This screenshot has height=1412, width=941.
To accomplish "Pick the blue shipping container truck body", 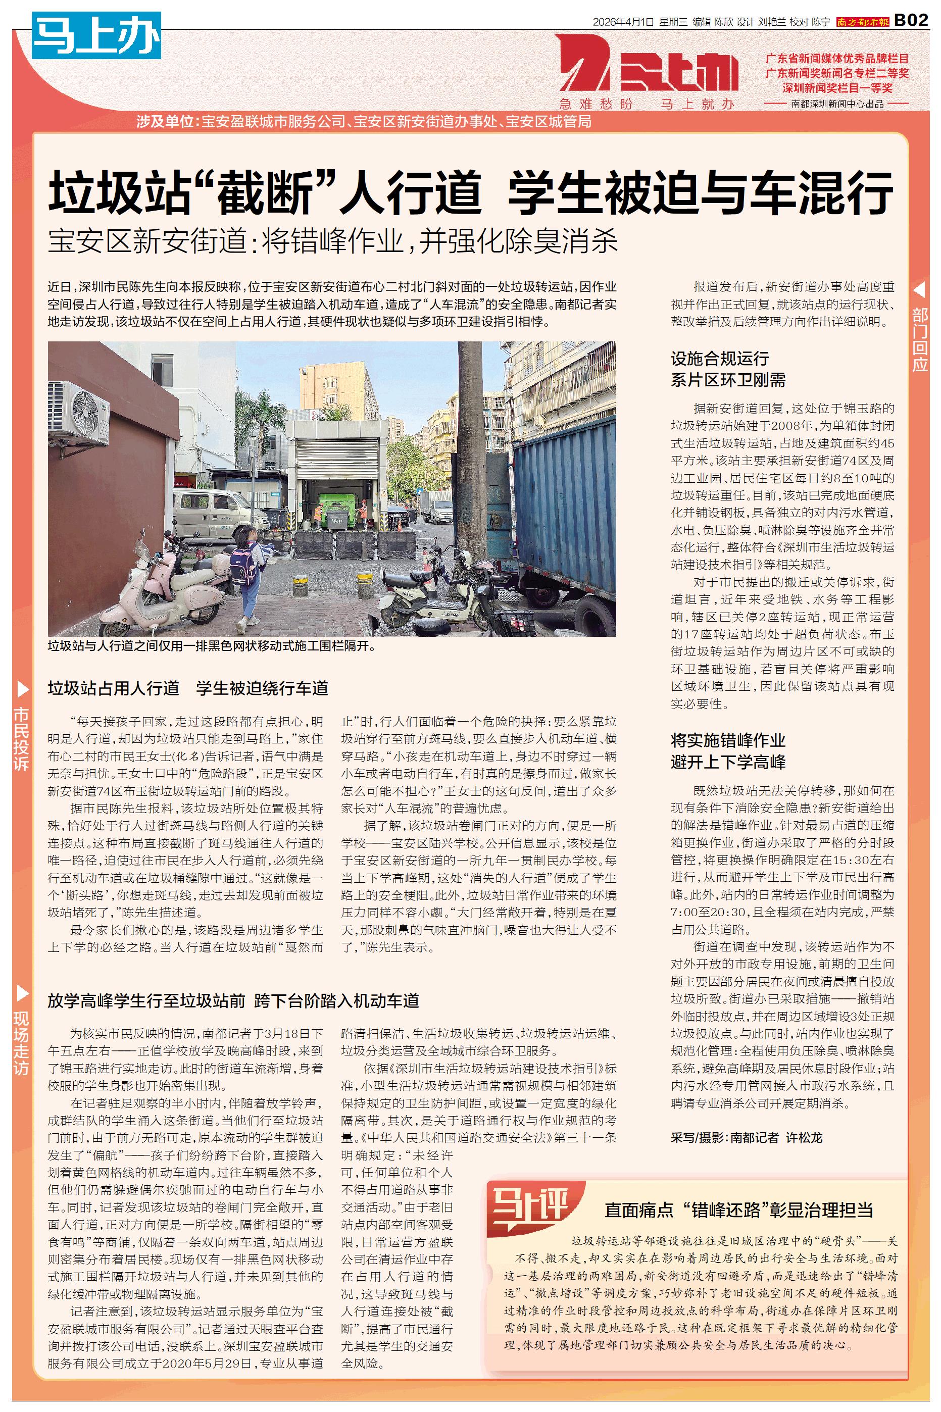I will click(564, 486).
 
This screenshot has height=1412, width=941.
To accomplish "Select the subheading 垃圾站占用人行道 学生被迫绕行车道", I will click(188, 688).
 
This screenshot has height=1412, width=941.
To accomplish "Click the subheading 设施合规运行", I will click(720, 359).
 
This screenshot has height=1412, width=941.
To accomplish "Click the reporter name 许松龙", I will click(804, 1137).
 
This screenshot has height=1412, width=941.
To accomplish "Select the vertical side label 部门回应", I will click(919, 339).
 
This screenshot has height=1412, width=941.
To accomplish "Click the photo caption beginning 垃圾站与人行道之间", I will click(214, 646).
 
